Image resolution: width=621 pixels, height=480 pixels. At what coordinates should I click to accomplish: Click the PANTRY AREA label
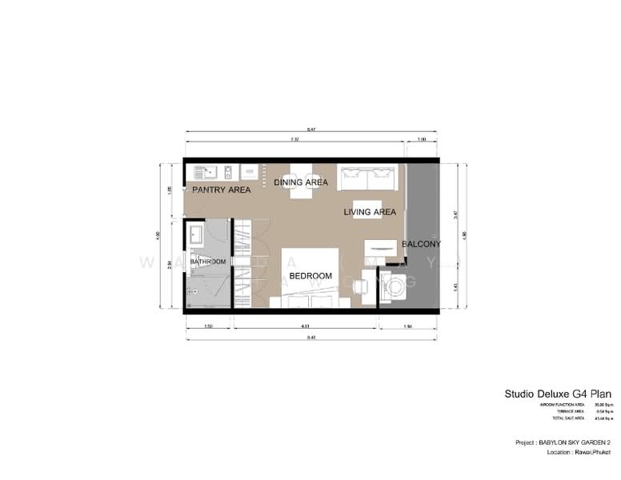click(222, 190)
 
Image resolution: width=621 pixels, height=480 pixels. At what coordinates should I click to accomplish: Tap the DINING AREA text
click(301, 182)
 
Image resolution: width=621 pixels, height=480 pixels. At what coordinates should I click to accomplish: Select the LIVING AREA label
click(370, 212)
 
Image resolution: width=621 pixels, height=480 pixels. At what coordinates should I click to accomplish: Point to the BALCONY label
click(421, 243)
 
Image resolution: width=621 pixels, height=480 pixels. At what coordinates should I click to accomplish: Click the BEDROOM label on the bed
click(310, 276)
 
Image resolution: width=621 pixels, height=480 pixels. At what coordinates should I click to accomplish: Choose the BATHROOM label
click(208, 262)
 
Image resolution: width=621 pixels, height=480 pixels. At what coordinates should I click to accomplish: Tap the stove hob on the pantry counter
click(228, 171)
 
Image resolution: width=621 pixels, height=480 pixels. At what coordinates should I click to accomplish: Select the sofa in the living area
click(369, 178)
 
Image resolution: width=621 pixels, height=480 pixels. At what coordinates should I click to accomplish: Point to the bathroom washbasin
click(195, 233)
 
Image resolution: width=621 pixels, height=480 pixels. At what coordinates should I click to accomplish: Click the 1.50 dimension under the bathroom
click(209, 326)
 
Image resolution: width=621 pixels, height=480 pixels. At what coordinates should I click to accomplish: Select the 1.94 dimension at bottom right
click(408, 326)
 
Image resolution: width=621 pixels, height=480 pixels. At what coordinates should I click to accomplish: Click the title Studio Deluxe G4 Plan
click(558, 394)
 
